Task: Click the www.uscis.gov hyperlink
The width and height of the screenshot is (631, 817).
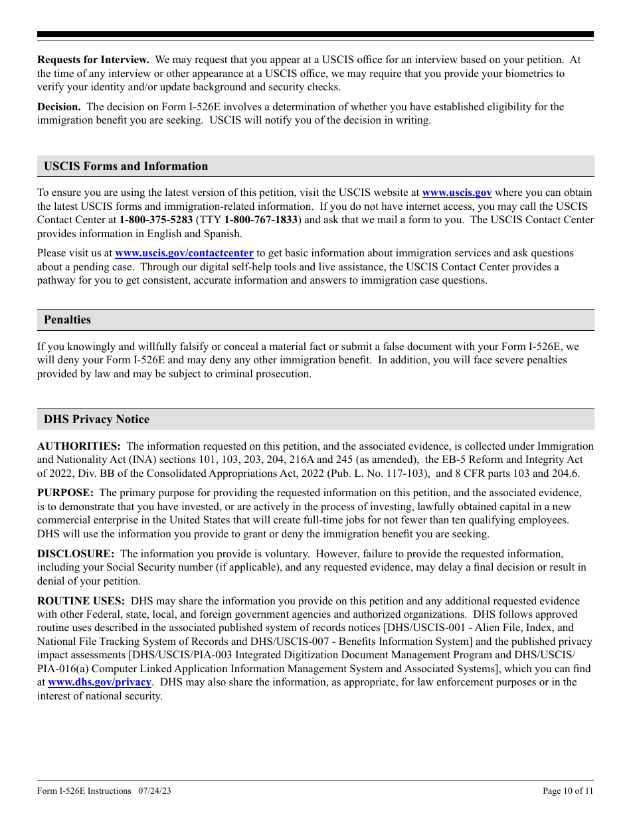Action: pyautogui.click(x=457, y=193)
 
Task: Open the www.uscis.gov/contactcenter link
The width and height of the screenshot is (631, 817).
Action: pyautogui.click(x=184, y=253)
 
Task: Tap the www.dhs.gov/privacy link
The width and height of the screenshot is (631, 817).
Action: pyautogui.click(x=100, y=682)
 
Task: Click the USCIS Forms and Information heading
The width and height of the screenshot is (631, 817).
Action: pyautogui.click(x=126, y=167)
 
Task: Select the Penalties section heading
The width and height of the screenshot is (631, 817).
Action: pyautogui.click(x=67, y=319)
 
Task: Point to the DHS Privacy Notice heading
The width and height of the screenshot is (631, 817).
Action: pyautogui.click(x=96, y=419)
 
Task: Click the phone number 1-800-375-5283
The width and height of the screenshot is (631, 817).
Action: pyautogui.click(x=156, y=220)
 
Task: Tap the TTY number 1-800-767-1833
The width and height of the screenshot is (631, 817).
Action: pyautogui.click(x=261, y=220)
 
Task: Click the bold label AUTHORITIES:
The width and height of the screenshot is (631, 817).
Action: pyautogui.click(x=79, y=446)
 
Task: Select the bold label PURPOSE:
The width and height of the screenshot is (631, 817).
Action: pyautogui.click(x=65, y=493)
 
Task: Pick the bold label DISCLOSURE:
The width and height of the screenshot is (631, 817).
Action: pyautogui.click(x=76, y=553)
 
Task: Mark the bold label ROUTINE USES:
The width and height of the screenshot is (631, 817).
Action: pyautogui.click(x=81, y=600)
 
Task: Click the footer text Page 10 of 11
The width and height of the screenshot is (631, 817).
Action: pyautogui.click(x=568, y=790)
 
